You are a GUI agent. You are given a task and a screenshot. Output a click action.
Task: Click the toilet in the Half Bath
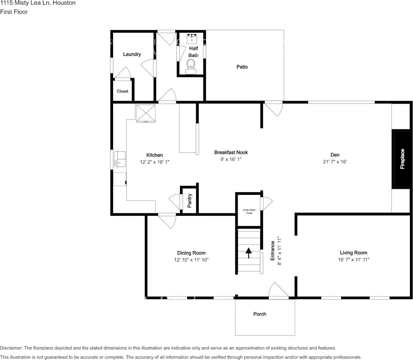pos(191,67)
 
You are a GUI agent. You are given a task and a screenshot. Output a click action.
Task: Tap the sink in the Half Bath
pos(192,38)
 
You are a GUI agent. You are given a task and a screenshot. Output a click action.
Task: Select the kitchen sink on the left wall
pos(120,159)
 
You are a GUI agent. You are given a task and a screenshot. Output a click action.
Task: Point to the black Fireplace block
pos(402,159)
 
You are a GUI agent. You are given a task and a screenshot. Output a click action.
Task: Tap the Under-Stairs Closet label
pos(249,211)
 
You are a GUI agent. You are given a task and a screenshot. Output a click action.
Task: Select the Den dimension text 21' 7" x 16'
pos(335,162)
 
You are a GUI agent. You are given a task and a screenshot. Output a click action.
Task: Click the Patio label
pos(242,67)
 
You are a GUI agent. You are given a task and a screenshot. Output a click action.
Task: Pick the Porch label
pos(260,314)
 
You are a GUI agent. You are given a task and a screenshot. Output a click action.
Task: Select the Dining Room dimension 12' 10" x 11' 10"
pos(191,260)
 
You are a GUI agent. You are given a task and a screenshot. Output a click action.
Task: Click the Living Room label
pos(353,253)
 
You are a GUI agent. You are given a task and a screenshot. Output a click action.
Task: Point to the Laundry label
pos(132,54)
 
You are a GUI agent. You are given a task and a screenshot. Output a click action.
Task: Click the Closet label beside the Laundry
pos(123,91)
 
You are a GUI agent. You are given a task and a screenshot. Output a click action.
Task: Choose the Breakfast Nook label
pos(231,153)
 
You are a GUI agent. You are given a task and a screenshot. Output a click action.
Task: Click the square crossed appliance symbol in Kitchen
pos(146,113)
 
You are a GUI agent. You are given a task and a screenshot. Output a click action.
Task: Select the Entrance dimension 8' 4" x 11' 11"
pos(279,251)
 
